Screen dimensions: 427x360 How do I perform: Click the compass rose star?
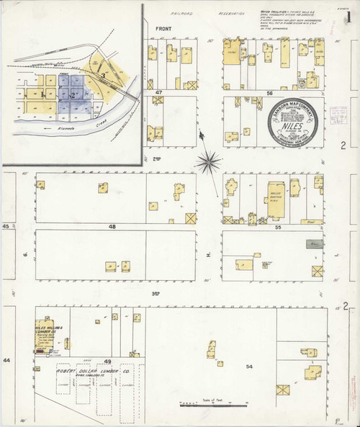coord(209,161)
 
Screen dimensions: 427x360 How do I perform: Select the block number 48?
coord(112,226)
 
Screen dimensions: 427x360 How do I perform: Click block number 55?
coord(277,226)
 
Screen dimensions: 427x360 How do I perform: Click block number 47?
coord(159,94)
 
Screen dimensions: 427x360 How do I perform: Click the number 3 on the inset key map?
coord(104,75)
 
